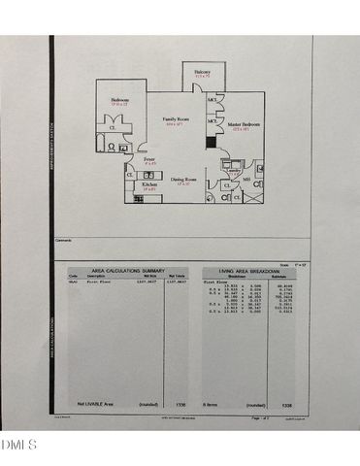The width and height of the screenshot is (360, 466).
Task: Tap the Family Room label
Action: [175, 120]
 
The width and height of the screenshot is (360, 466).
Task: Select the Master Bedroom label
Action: [243, 125]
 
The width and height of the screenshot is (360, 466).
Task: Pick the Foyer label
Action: [149, 160]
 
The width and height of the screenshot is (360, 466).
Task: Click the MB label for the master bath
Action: [246, 180]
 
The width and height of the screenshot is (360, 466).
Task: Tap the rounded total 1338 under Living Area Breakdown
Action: [286, 402]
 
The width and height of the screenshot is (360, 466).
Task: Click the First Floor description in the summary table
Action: [100, 283]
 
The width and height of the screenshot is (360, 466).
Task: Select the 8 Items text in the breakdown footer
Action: [211, 402]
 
